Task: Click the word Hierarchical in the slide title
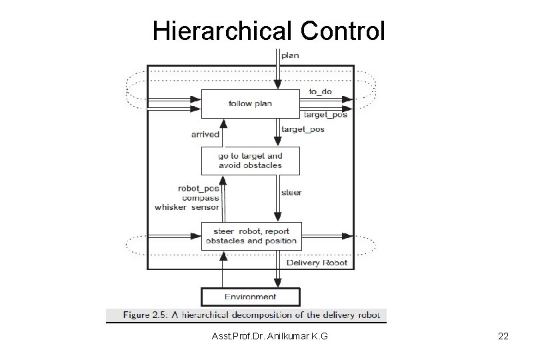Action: tap(221, 31)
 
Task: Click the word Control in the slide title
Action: tap(343, 31)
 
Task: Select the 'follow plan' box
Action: tap(250, 104)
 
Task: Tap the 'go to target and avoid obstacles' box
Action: tap(250, 161)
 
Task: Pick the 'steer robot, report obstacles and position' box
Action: tap(251, 236)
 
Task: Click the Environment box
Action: tap(251, 297)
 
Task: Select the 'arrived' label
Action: tap(205, 134)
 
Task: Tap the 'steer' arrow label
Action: tap(291, 193)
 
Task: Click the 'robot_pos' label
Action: tap(198, 189)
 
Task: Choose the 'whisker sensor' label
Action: tap(187, 207)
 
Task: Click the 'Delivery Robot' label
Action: tap(317, 263)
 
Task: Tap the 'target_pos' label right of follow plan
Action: tap(325, 115)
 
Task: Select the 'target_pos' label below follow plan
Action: tap(303, 129)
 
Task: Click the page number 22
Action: tap(503, 337)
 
